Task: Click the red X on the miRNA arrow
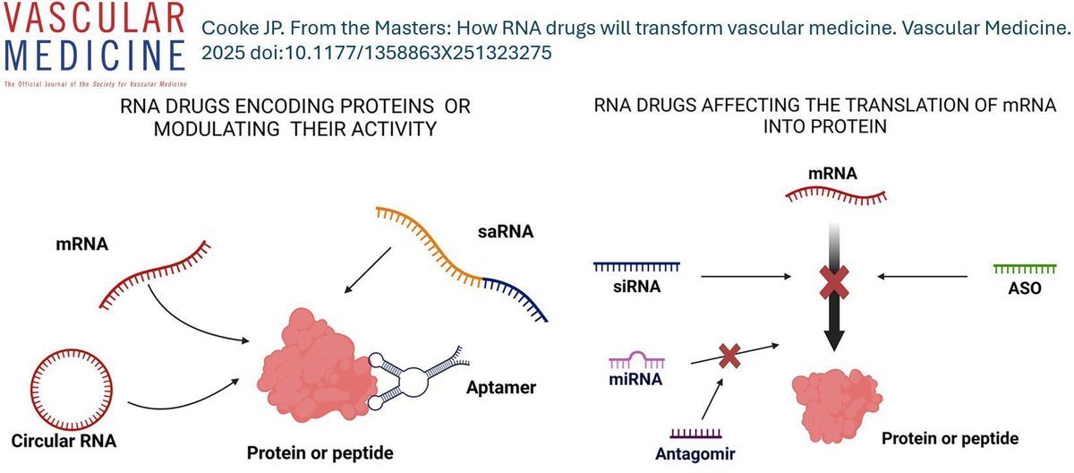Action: [729, 356]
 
